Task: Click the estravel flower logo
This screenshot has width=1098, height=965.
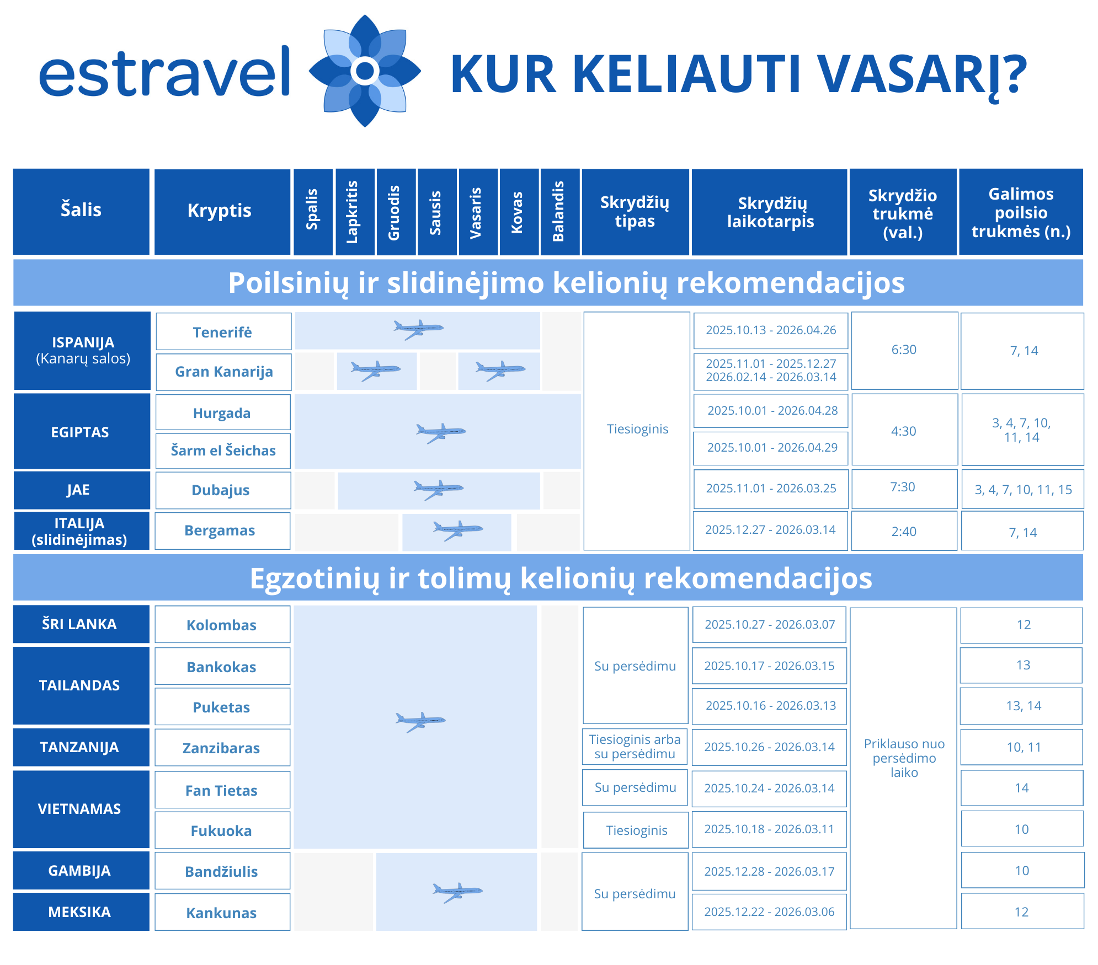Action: point(365,71)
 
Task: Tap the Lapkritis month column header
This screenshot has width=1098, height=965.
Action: point(354,212)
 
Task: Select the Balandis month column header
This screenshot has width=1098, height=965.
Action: point(559,212)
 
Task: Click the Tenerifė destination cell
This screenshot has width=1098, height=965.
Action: point(223,332)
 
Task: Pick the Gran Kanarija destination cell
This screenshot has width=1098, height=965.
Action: point(223,372)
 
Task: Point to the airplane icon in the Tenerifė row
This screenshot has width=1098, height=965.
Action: point(418,329)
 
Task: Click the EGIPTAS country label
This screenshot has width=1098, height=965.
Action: point(81,432)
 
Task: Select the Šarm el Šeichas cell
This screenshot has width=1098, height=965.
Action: point(223,451)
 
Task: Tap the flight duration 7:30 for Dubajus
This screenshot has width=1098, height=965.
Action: point(903,487)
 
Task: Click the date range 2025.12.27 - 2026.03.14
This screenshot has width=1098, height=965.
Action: point(770,530)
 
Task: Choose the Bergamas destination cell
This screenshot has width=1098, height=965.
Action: point(220,530)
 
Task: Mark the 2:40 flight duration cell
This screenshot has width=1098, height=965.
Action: point(904,532)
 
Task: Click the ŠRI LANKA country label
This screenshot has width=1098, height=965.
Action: point(80,624)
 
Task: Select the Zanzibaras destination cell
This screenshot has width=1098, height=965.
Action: point(221,748)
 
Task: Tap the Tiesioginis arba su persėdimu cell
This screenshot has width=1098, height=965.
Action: point(635,747)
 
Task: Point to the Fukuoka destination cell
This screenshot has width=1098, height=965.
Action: point(221,830)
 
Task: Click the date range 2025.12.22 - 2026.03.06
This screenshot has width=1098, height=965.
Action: point(769,912)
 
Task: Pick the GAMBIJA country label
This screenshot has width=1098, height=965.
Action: point(80,871)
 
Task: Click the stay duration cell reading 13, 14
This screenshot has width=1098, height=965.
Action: point(1023,706)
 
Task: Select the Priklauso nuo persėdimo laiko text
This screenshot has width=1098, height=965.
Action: point(904,758)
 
